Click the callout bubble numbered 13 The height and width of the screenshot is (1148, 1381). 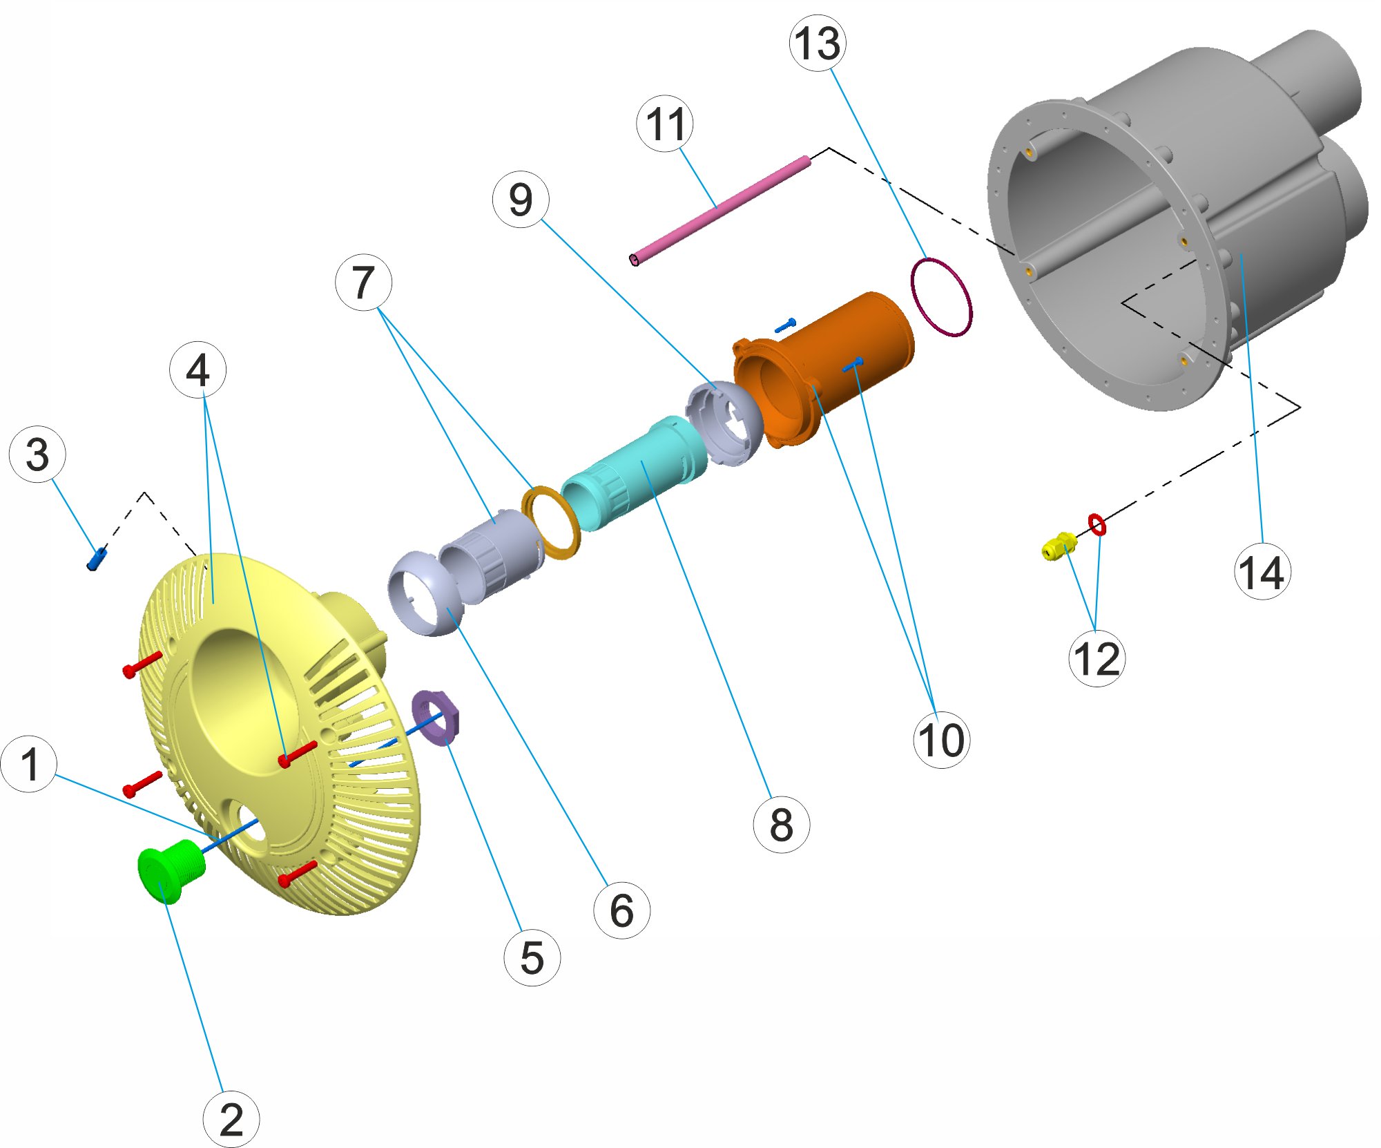click(x=818, y=42)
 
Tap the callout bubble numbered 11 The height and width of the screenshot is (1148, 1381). click(x=665, y=124)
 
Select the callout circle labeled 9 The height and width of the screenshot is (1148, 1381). click(x=521, y=200)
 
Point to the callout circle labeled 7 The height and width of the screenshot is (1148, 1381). click(x=363, y=282)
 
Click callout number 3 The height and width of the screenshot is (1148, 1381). click(x=37, y=454)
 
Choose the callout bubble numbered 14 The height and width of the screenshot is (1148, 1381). click(x=1262, y=571)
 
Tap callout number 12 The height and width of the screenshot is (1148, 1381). click(x=1097, y=658)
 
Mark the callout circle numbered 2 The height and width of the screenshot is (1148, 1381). click(x=231, y=1119)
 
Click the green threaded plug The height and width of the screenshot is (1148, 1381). click(x=171, y=870)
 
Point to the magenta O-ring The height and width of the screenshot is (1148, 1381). click(x=941, y=297)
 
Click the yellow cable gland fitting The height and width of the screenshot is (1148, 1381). click(x=1059, y=546)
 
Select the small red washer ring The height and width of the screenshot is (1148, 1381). click(x=1097, y=525)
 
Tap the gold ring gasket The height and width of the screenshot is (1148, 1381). click(x=550, y=523)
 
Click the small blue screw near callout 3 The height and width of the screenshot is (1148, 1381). click(x=97, y=558)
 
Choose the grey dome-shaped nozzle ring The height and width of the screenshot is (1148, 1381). click(x=424, y=593)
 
